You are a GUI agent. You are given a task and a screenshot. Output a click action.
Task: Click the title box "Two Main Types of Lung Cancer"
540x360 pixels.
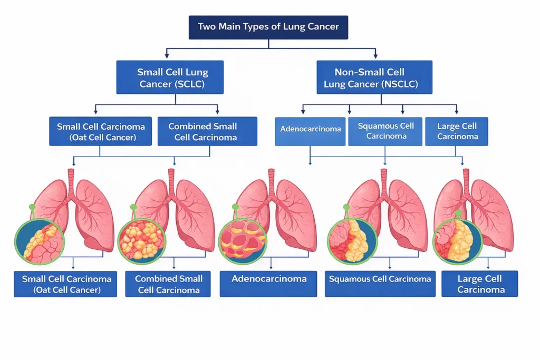click(x=268, y=27)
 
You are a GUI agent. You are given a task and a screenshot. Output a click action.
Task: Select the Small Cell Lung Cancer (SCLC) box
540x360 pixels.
click(x=170, y=77)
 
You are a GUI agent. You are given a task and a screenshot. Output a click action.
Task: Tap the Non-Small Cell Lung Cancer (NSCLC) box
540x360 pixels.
click(x=374, y=77)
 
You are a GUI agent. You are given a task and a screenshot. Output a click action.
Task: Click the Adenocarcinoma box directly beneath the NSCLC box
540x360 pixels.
click(x=310, y=131)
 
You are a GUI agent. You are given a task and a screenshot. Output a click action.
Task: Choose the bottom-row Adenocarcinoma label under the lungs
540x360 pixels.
click(x=268, y=284)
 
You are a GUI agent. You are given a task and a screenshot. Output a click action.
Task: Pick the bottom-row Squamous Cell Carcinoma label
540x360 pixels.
click(x=380, y=284)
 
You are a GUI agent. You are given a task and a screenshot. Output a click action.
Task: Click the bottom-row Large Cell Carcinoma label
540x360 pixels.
click(x=480, y=284)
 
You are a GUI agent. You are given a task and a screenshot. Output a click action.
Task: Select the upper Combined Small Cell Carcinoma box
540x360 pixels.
click(x=207, y=131)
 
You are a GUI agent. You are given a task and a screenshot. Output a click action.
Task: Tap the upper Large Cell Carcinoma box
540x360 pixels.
click(x=457, y=131)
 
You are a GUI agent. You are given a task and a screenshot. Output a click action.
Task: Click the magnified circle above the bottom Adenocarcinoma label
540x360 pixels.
click(x=243, y=241)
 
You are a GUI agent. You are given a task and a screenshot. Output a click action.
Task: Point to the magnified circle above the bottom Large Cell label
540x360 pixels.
click(x=458, y=241)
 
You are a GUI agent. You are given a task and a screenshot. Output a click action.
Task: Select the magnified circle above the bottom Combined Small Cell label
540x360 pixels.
click(x=142, y=241)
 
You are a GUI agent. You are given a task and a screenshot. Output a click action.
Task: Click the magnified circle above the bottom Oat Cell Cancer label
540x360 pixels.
click(x=40, y=241)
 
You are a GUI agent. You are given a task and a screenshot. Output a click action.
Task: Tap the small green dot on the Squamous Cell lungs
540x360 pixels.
click(x=346, y=207)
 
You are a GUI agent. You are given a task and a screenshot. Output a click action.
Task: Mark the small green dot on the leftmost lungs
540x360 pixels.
click(x=32, y=207)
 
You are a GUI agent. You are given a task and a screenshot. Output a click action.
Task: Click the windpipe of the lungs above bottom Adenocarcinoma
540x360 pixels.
click(x=272, y=182)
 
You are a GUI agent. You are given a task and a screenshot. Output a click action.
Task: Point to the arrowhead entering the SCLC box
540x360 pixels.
click(x=167, y=55)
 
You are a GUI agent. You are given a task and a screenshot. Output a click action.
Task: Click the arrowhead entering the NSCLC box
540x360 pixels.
click(x=375, y=55)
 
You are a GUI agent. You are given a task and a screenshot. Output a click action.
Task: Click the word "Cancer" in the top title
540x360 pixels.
click(x=323, y=26)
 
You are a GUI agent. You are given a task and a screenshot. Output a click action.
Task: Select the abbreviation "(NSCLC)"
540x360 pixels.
click(x=401, y=84)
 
